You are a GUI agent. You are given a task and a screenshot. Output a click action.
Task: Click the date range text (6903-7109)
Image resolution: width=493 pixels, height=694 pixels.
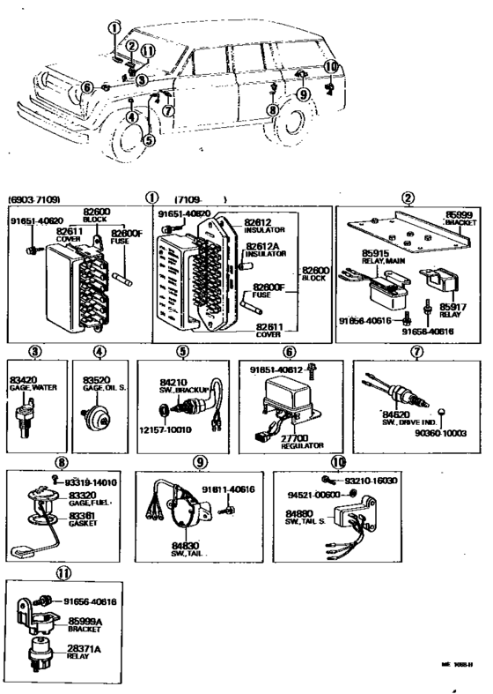34,198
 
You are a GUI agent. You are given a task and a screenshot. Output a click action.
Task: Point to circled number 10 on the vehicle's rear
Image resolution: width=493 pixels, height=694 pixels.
330,66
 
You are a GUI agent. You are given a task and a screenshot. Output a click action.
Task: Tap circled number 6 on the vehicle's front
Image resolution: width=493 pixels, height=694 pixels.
86,86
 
